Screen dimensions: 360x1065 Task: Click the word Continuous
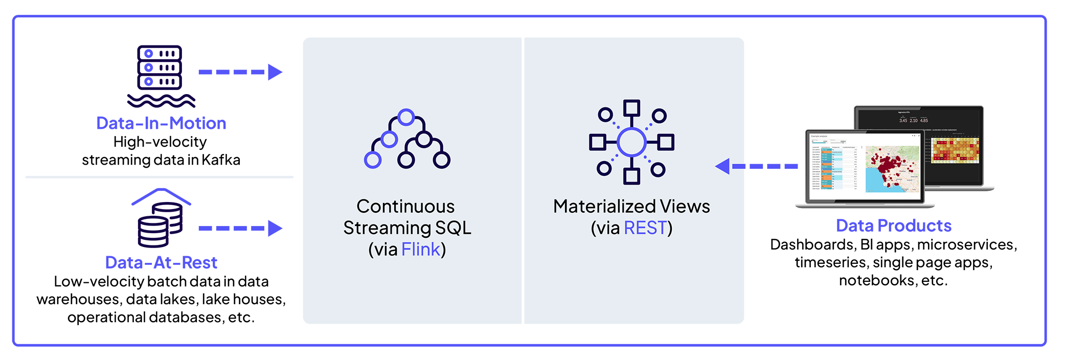(x=405, y=207)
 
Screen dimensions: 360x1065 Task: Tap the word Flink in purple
(x=420, y=250)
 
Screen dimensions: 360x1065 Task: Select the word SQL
(x=453, y=228)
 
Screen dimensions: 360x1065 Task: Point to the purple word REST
(x=645, y=228)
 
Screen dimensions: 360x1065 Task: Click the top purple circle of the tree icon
(x=406, y=117)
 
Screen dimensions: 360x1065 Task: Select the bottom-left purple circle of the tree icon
(x=372, y=160)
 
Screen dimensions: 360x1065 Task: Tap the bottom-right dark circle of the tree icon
(x=441, y=160)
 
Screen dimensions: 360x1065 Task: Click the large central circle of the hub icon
(x=631, y=142)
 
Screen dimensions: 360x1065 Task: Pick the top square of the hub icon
(x=631, y=108)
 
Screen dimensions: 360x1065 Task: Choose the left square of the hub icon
(x=597, y=142)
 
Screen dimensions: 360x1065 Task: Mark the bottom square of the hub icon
(x=631, y=176)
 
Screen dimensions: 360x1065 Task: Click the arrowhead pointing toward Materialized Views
(x=722, y=166)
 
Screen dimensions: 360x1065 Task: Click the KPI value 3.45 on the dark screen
(x=903, y=121)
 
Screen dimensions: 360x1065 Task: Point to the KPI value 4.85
(x=924, y=121)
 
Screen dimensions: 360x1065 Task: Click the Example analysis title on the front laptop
(x=819, y=137)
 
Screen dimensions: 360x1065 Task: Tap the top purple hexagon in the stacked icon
(x=149, y=53)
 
